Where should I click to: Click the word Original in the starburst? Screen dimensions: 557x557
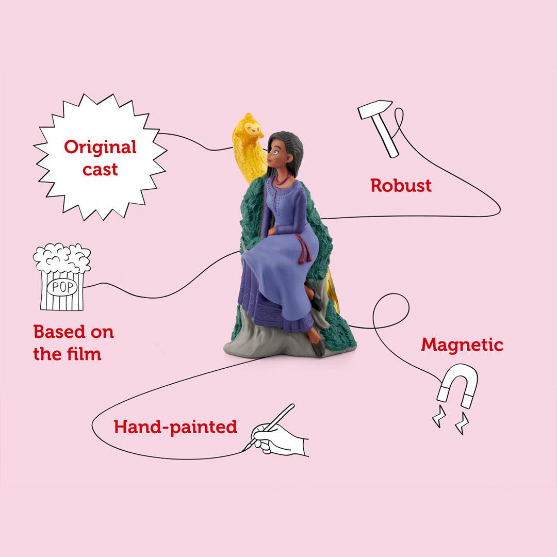[x=100, y=147]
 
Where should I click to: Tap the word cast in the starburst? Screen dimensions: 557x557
[x=100, y=170]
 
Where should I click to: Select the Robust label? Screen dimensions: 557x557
[x=401, y=186]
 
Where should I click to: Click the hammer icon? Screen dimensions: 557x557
[x=379, y=127]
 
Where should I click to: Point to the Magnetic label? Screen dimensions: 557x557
[x=462, y=345]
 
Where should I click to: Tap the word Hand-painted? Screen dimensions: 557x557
[x=175, y=427]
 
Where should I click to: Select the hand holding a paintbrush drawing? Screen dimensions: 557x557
[x=277, y=432]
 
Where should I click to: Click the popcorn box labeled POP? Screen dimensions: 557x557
[x=62, y=277]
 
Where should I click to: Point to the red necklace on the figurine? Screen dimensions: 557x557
[x=283, y=178]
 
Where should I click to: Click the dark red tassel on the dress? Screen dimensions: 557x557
[x=303, y=249]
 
